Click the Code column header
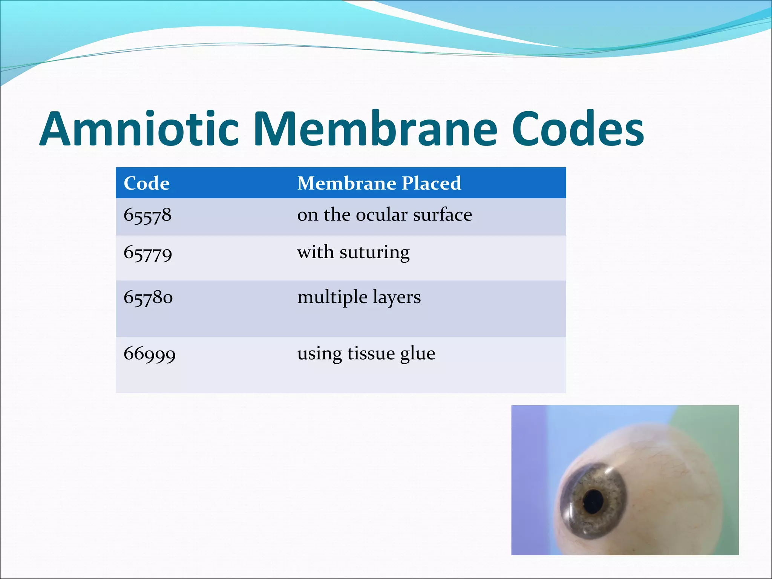pyautogui.click(x=147, y=184)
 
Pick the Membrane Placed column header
pyautogui.click(x=379, y=184)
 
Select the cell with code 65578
pyautogui.click(x=147, y=216)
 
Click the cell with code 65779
pyautogui.click(x=148, y=253)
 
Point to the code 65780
pyautogui.click(x=148, y=298)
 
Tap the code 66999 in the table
pyautogui.click(x=150, y=354)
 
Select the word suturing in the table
pyautogui.click(x=374, y=253)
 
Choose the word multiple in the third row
pyautogui.click(x=332, y=298)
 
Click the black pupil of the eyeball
pyautogui.click(x=593, y=501)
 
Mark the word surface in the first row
pyautogui.click(x=443, y=215)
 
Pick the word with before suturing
pyautogui.click(x=316, y=252)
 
